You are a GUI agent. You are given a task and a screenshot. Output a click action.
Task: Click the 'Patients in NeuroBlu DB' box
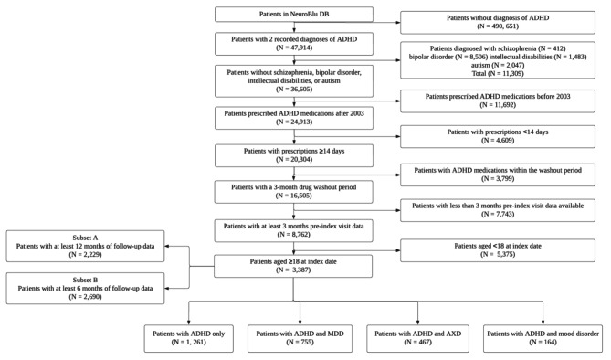tap(281, 14)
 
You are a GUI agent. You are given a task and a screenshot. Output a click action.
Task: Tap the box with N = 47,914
tap(281, 44)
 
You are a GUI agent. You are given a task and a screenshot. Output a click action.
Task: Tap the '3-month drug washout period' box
tap(281, 191)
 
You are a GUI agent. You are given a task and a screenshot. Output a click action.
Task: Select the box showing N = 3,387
tap(281, 266)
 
